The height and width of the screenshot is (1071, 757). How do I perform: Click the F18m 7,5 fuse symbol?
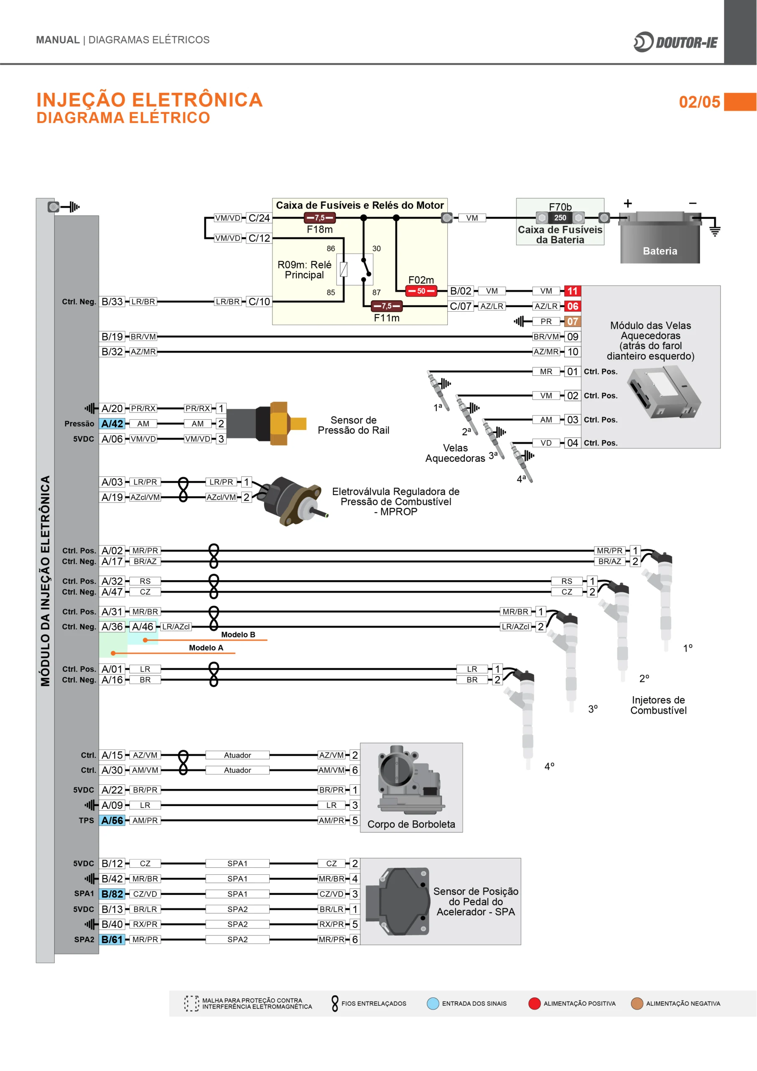click(x=319, y=218)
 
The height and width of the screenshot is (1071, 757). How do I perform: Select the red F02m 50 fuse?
click(x=421, y=291)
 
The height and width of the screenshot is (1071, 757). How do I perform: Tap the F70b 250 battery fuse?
click(x=560, y=218)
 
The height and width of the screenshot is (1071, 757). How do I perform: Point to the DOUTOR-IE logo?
click(x=675, y=42)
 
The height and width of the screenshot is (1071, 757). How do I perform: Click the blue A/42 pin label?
click(x=112, y=423)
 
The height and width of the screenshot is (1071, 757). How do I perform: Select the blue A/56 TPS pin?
click(x=112, y=820)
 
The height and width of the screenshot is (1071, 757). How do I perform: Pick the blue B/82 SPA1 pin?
click(x=112, y=894)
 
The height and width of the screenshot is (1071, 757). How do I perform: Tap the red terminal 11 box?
click(x=572, y=291)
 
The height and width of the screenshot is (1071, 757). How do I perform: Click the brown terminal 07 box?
click(x=572, y=321)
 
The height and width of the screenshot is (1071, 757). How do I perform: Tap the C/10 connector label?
click(x=259, y=302)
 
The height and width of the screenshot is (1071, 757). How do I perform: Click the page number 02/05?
click(x=699, y=102)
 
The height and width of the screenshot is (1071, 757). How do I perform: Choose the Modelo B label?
click(x=238, y=634)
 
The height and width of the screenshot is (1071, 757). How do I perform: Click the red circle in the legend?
click(x=534, y=1003)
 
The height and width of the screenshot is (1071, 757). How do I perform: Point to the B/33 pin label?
click(x=112, y=302)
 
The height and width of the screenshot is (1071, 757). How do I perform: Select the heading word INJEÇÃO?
click(x=81, y=100)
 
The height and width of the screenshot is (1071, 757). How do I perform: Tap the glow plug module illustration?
click(x=663, y=392)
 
